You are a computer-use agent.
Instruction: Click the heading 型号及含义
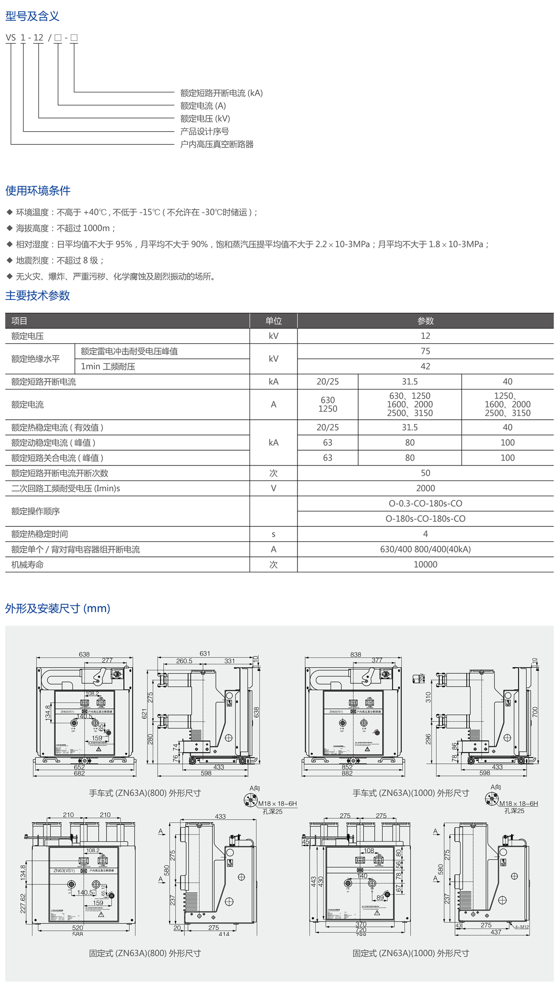[32, 16]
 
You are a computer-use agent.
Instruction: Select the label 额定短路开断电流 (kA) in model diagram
[221, 93]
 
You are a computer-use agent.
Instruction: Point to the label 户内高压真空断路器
[217, 144]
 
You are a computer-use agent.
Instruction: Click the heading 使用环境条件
[38, 191]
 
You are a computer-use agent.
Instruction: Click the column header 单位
[274, 321]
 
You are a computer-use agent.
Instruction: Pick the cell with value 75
[425, 351]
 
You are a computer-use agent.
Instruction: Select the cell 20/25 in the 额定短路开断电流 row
[328, 382]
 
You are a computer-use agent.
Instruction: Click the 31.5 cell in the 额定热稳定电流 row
[410, 428]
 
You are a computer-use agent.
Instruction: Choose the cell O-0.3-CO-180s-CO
[425, 504]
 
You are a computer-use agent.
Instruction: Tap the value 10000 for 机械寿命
[425, 564]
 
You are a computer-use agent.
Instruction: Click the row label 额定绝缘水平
[36, 359]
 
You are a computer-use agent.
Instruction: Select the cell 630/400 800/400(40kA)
[425, 549]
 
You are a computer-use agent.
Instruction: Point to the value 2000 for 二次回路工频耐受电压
[425, 488]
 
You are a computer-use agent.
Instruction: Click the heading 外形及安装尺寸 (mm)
[58, 608]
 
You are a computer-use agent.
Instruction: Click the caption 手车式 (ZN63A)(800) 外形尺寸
[145, 793]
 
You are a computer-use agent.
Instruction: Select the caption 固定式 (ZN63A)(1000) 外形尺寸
[411, 953]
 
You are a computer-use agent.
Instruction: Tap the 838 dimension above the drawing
[356, 654]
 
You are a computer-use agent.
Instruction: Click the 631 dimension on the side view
[205, 653]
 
